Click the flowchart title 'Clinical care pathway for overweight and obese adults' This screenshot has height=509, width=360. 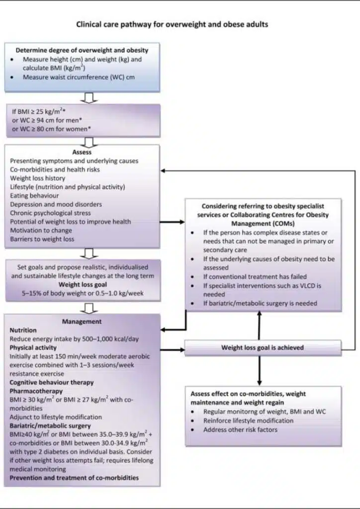coord(172,24)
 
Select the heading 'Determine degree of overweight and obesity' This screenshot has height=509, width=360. coord(82,50)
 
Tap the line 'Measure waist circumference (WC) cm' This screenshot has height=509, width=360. coord(79,77)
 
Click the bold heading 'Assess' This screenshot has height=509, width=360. coord(82,153)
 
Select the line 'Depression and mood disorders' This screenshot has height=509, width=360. coord(56,204)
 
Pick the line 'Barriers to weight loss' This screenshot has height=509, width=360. coord(42,239)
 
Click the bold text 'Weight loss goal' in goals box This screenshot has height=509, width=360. coord(83,285)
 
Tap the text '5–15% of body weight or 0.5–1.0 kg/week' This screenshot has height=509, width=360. coord(83,293)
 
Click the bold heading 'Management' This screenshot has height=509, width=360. coord(82,322)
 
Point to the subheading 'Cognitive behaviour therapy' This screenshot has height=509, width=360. coord(51,382)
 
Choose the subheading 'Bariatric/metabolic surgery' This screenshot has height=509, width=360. coord(50,426)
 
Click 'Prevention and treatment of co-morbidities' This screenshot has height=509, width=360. coord(74,478)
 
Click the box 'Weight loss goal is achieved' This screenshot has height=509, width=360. coord(262,347)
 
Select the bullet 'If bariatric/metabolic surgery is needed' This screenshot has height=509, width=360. coord(260,303)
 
